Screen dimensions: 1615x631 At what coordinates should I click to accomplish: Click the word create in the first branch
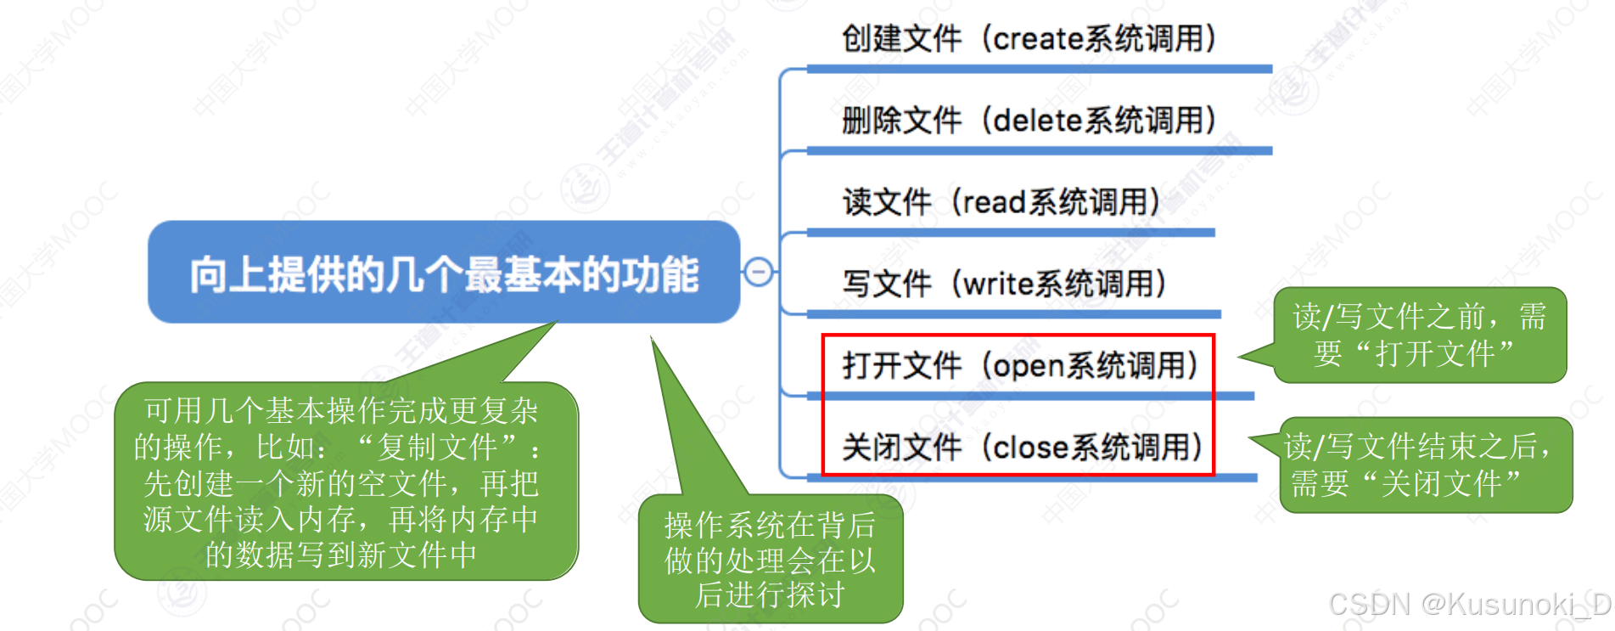click(x=1038, y=39)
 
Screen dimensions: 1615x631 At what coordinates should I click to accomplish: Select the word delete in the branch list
click(x=1038, y=121)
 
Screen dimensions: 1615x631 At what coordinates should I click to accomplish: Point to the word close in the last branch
click(x=1031, y=448)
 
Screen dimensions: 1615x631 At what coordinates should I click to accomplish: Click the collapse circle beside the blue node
click(x=758, y=272)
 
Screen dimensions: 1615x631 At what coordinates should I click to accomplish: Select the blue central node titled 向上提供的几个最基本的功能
click(x=444, y=273)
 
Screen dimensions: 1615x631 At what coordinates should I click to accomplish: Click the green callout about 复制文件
click(x=345, y=482)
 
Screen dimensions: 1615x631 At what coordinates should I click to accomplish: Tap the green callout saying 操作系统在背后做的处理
click(x=770, y=560)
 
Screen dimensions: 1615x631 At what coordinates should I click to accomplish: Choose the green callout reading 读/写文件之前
click(x=1419, y=335)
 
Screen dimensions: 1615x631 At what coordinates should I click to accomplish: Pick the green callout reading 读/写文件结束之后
click(x=1425, y=465)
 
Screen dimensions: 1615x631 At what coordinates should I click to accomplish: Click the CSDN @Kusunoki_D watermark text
click(x=1469, y=604)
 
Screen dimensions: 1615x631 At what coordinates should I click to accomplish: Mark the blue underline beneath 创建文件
click(x=1039, y=69)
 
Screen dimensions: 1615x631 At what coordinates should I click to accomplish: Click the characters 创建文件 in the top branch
click(x=901, y=39)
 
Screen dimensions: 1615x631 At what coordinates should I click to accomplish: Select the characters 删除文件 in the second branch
click(x=901, y=121)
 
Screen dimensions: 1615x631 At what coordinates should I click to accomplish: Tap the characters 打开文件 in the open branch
click(x=901, y=366)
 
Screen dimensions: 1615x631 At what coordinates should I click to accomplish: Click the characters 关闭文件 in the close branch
click(x=901, y=448)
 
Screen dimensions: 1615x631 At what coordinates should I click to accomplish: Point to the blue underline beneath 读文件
click(x=1010, y=232)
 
